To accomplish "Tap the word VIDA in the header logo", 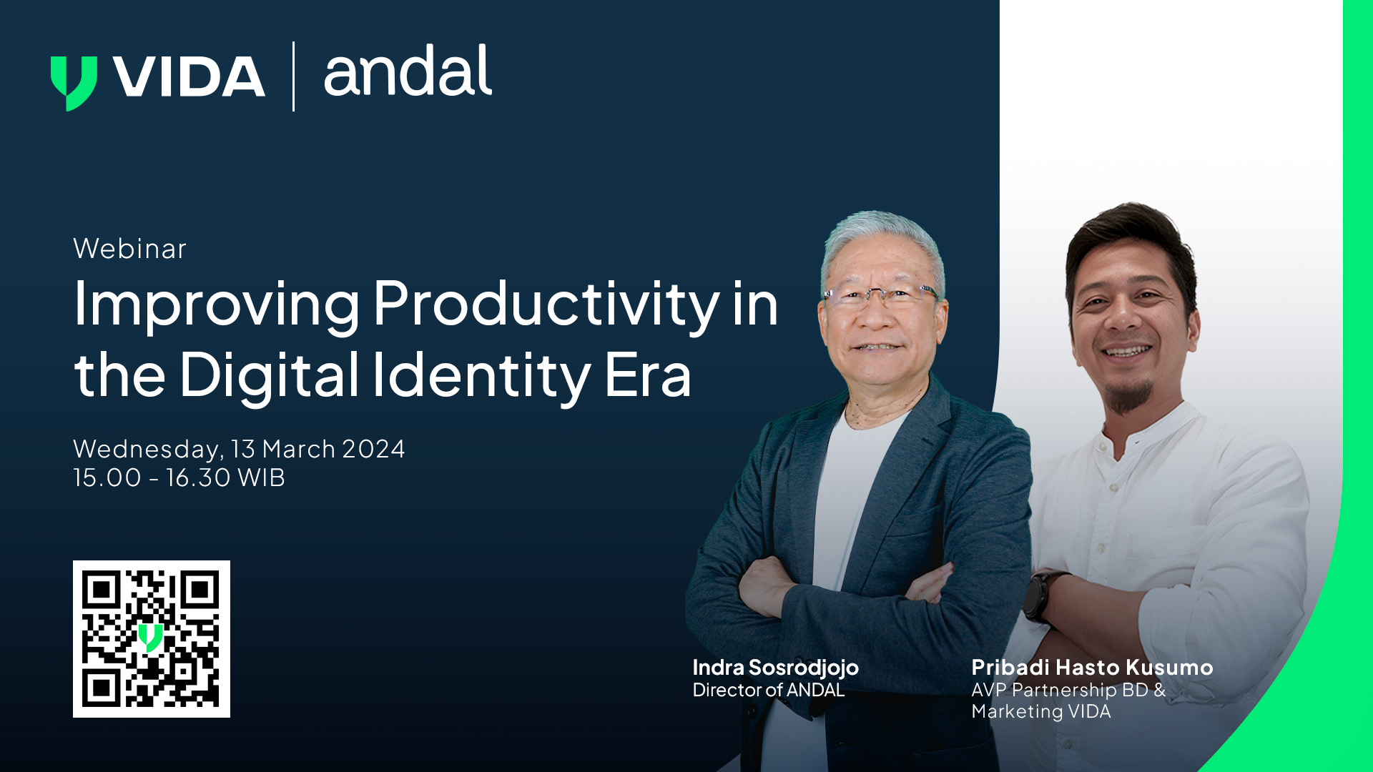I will (190, 76).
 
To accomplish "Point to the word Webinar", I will (129, 249).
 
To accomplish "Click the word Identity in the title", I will (481, 375).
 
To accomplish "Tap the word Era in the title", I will (648, 375).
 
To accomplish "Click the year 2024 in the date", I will (373, 449).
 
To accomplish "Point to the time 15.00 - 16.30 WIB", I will (179, 477).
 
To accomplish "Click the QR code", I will (152, 638).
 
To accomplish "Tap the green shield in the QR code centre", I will (150, 637).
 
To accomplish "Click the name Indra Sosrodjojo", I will (775, 668).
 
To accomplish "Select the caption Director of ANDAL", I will (768, 690).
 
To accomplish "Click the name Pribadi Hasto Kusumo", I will (1091, 668).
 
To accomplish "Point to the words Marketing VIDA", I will (1040, 712).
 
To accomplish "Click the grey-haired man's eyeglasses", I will (880, 295).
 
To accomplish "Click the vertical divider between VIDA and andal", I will (293, 76).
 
